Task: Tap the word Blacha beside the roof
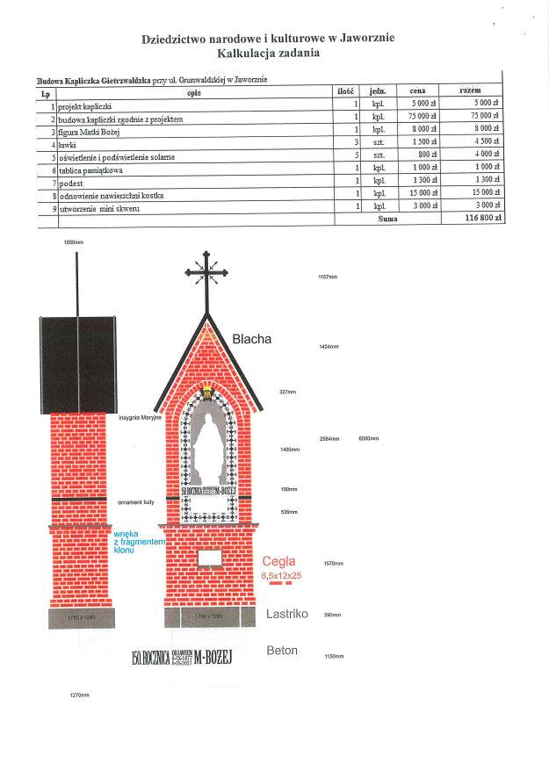[x=252, y=339]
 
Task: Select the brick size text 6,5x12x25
[x=281, y=574]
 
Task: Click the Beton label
[x=282, y=651]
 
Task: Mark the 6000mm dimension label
[x=368, y=438]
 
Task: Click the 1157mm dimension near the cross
[x=328, y=277]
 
